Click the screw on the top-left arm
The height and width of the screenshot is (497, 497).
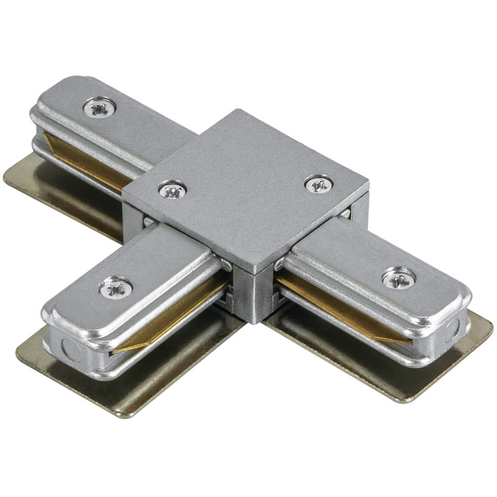(x=99, y=106)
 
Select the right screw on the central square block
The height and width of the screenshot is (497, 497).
(x=317, y=184)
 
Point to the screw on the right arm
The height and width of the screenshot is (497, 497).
(x=398, y=277)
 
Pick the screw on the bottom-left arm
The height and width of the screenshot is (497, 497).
(x=115, y=287)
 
